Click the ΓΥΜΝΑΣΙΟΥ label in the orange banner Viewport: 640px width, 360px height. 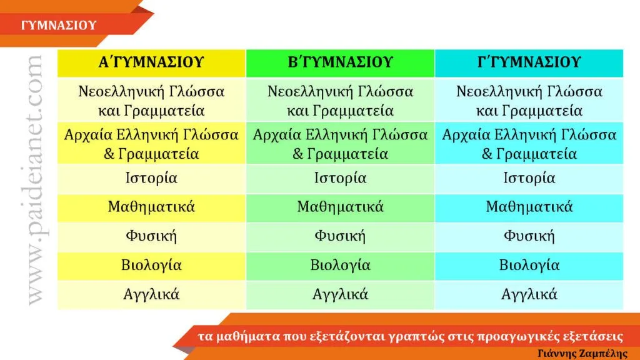pyautogui.click(x=59, y=25)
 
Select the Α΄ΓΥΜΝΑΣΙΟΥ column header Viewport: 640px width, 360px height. pyautogui.click(x=151, y=62)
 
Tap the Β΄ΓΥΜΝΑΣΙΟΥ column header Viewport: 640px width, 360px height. pyautogui.click(x=341, y=62)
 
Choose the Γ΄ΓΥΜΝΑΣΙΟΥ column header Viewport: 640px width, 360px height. pyautogui.click(x=529, y=62)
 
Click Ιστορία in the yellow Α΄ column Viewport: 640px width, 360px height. pyautogui.click(x=151, y=178)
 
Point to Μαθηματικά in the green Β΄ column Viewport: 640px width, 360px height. pyautogui.click(x=341, y=207)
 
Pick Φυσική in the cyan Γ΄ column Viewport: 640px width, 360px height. pyautogui.click(x=529, y=236)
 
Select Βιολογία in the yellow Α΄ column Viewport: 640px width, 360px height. pyautogui.click(x=151, y=265)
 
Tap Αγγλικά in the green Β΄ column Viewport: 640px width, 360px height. pyautogui.click(x=341, y=294)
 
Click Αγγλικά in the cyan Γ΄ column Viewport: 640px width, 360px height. pyautogui.click(x=529, y=294)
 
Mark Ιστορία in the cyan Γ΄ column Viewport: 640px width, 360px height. pyautogui.click(x=529, y=178)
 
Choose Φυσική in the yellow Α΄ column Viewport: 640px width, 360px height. pyautogui.click(x=151, y=236)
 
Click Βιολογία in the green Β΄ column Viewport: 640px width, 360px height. pyautogui.click(x=341, y=265)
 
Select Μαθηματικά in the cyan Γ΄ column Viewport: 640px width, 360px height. pyautogui.click(x=529, y=207)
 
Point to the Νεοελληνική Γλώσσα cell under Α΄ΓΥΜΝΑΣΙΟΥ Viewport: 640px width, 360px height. pyautogui.click(x=151, y=101)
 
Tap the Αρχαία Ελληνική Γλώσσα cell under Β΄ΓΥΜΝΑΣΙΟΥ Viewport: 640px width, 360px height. pyautogui.click(x=341, y=144)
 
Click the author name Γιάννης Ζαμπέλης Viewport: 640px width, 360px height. pyautogui.click(x=582, y=354)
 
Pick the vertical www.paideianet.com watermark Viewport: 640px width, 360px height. pyautogui.click(x=34, y=180)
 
